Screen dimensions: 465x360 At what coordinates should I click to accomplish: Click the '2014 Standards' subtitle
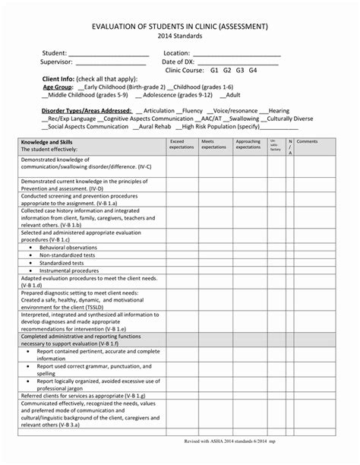179,36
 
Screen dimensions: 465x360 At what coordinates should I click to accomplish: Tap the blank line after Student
108,55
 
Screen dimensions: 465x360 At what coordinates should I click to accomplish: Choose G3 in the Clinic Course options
239,70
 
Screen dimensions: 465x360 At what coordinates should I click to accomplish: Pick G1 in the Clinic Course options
214,70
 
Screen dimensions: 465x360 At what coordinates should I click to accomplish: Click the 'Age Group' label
58,87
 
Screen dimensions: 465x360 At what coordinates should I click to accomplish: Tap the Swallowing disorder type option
242,119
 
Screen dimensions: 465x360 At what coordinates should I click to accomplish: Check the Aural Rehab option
146,127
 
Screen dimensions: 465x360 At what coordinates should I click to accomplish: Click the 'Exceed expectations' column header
182,144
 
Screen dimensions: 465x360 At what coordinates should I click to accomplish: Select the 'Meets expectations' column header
213,144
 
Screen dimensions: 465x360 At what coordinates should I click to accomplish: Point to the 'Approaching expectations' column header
248,144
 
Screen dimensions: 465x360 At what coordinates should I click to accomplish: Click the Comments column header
307,141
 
